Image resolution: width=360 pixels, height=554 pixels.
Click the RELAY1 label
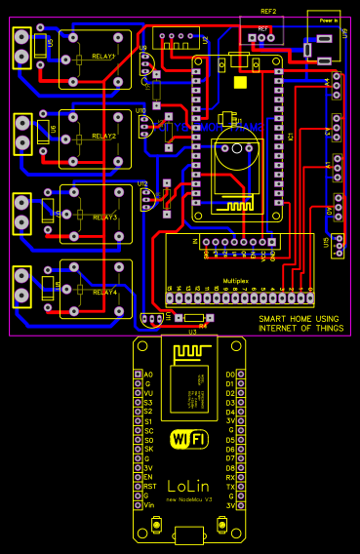click(103, 57)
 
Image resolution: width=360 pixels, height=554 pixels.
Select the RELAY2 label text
click(103, 137)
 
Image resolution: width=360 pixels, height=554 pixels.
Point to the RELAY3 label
click(103, 217)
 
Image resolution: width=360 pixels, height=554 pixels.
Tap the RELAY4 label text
click(103, 292)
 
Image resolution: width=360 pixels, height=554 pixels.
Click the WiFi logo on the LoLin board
click(188, 440)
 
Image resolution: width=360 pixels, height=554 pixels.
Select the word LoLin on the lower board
click(187, 485)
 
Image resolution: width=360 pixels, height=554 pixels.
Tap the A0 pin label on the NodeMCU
click(148, 375)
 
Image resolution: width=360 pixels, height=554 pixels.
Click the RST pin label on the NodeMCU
click(149, 486)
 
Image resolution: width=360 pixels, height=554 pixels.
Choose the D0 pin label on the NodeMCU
click(230, 375)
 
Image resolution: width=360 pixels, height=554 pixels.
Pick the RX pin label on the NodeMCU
click(230, 475)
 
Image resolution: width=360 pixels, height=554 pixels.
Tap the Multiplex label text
click(236, 280)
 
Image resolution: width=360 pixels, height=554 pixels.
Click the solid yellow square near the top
click(240, 82)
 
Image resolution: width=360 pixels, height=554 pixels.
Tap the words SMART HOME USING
click(298, 319)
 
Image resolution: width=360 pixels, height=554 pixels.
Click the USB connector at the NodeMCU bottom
click(188, 534)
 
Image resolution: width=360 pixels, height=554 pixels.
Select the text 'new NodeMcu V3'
click(187, 499)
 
